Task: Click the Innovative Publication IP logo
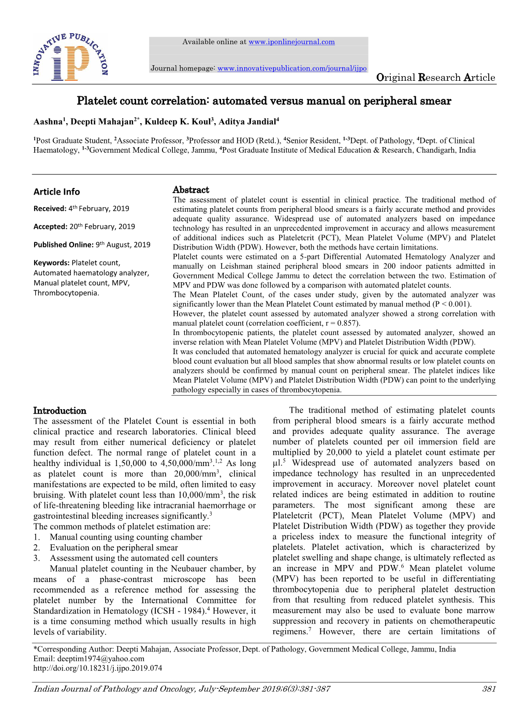(70, 57)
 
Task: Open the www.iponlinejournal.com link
(291, 42)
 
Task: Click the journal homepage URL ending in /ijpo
(292, 68)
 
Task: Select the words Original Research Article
(435, 78)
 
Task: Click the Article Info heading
(56, 192)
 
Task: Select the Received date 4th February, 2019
(98, 209)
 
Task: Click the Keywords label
(51, 263)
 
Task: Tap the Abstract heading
(190, 190)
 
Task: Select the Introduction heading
(60, 411)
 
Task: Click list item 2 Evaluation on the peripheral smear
(113, 547)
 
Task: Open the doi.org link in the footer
(98, 668)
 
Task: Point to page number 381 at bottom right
(488, 689)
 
